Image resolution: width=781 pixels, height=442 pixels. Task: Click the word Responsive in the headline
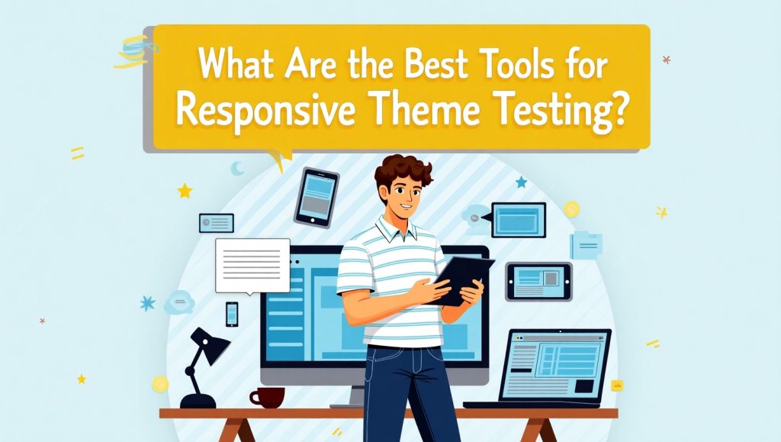click(265, 111)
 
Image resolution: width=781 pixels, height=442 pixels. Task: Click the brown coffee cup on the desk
click(268, 398)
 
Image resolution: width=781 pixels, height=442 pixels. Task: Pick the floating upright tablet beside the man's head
click(317, 197)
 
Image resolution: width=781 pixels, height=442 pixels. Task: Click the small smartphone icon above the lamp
click(232, 314)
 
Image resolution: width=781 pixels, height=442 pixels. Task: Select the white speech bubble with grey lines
click(252, 266)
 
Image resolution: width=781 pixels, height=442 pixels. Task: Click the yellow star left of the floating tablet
click(185, 190)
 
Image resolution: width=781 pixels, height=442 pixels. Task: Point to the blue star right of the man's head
click(522, 182)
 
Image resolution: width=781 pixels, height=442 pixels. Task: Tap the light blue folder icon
click(587, 245)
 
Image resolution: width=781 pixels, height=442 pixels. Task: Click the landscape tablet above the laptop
click(539, 282)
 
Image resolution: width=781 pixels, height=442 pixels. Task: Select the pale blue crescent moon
click(237, 169)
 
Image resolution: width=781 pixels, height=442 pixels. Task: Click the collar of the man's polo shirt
click(396, 228)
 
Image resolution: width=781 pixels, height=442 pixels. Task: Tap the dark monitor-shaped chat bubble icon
click(517, 220)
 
